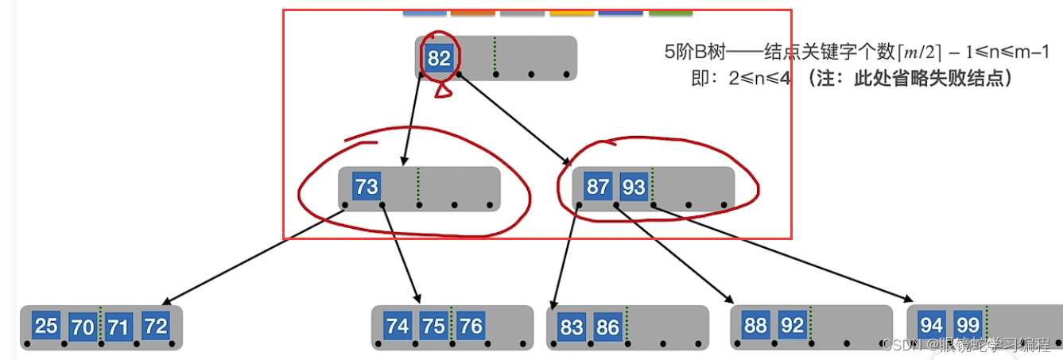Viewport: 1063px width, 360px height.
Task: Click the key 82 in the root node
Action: point(439,58)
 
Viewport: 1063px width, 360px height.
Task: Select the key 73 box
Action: point(367,187)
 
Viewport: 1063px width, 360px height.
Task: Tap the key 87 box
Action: point(597,187)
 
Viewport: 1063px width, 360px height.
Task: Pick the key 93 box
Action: point(634,187)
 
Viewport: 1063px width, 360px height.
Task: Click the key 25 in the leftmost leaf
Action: point(46,326)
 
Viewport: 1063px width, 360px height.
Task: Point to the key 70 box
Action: point(83,327)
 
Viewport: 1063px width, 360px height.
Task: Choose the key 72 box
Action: point(156,326)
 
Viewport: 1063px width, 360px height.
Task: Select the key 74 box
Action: point(397,326)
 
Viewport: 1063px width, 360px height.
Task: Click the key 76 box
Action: point(471,326)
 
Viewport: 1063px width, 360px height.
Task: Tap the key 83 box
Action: point(571,327)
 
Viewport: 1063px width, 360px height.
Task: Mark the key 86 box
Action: point(607,327)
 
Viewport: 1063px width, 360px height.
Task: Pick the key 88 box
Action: point(755,325)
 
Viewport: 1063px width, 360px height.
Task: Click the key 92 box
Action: point(792,325)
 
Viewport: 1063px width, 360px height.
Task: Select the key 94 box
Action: point(931,325)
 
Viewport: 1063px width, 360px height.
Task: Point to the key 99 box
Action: point(968,325)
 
